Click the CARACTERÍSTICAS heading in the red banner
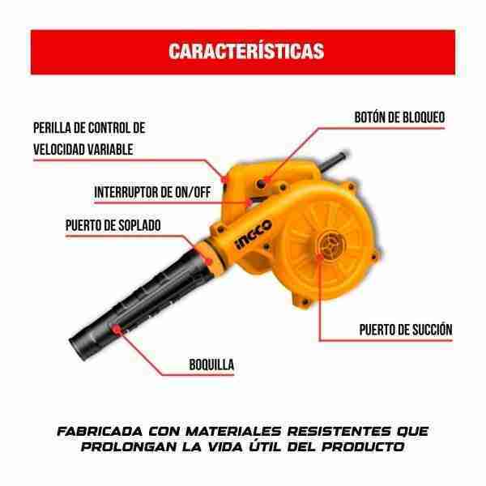(x=246, y=51)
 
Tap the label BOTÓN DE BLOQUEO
(x=399, y=117)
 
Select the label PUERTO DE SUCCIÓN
(x=406, y=330)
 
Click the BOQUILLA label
(x=211, y=364)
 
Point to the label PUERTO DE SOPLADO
(x=113, y=225)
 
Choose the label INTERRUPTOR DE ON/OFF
(x=152, y=192)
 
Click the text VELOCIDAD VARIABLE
(x=83, y=149)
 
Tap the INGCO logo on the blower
(x=254, y=234)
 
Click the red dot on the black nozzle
(x=116, y=329)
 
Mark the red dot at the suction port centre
(x=320, y=256)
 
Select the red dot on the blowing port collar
(x=209, y=262)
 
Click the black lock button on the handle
(x=261, y=184)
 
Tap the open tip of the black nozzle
(x=78, y=348)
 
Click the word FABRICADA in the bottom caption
(x=100, y=432)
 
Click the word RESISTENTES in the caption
(x=339, y=432)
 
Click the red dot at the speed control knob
(x=224, y=179)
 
